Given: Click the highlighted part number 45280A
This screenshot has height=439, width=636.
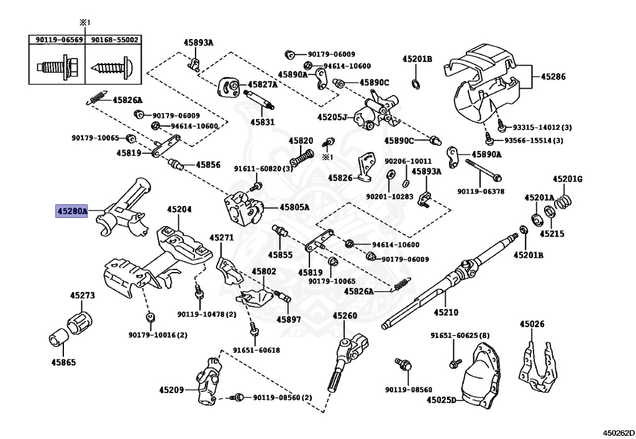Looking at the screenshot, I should tap(72, 210).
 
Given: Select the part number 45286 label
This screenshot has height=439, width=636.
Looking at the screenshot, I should tap(553, 77).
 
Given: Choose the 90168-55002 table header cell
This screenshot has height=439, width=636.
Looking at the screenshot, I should tap(115, 40).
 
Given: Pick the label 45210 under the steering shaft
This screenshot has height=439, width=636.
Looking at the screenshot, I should tap(445, 312).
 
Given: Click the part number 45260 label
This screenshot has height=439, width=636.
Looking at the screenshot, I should tap(345, 316).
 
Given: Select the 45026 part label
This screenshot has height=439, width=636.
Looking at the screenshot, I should tap(532, 324).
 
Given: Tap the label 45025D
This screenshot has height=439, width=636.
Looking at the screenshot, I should tap(441, 401).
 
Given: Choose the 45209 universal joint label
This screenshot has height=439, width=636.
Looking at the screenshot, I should tap(171, 390).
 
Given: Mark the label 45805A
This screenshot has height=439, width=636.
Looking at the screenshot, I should tap(294, 207).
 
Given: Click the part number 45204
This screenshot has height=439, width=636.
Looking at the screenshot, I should tap(179, 209).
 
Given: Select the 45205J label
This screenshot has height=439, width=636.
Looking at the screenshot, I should tap(332, 116).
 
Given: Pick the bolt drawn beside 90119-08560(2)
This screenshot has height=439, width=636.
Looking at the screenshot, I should tap(237, 397).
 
